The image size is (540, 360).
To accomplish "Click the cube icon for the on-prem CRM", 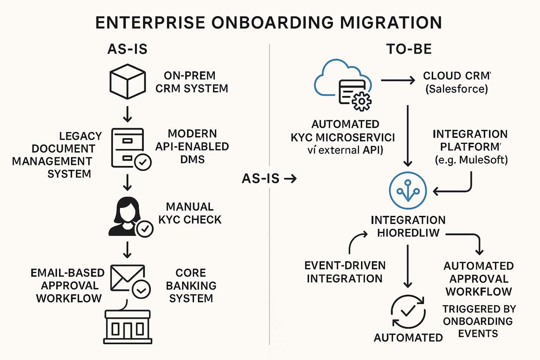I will pyautogui.click(x=128, y=81).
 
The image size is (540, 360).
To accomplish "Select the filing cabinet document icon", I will pyautogui.click(x=128, y=147).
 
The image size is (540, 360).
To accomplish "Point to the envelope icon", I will pyautogui.click(x=127, y=277).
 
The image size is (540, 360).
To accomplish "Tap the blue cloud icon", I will pyautogui.click(x=339, y=77).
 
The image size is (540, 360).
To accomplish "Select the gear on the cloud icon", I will pyautogui.click(x=361, y=101).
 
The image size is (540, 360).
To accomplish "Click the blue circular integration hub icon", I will pyautogui.click(x=408, y=191).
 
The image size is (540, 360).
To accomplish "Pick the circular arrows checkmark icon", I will pyautogui.click(x=408, y=311).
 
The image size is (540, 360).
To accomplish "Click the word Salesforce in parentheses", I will pyautogui.click(x=457, y=89).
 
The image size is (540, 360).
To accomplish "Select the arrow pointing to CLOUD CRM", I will pyautogui.click(x=398, y=80).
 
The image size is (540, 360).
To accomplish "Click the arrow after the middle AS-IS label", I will pyautogui.click(x=290, y=179).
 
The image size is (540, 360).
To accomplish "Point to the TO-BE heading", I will pyautogui.click(x=409, y=49).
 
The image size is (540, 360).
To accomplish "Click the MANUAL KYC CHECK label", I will pyautogui.click(x=190, y=213).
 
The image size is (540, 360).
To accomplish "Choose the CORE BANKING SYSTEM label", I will pyautogui.click(x=191, y=286).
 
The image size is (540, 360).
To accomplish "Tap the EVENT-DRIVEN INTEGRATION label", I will pyautogui.click(x=344, y=272).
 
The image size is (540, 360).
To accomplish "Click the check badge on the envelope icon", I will pyautogui.click(x=141, y=290).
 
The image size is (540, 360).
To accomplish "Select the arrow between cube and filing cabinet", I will pyautogui.click(x=127, y=114).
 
